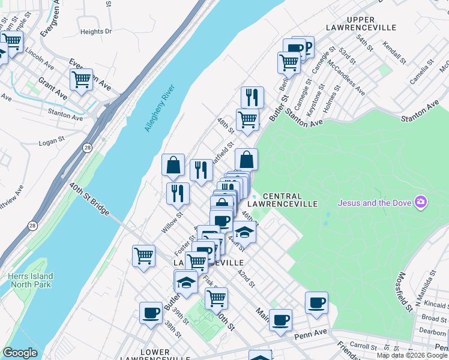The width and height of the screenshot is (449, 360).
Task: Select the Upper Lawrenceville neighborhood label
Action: click(x=361, y=23)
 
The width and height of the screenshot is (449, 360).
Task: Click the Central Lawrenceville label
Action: click(x=290, y=200)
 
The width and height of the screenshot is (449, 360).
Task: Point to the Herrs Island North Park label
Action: click(x=31, y=280)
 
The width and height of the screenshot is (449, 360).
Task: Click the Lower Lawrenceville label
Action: click(x=154, y=356)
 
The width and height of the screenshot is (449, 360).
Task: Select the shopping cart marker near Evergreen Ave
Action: click(x=81, y=79)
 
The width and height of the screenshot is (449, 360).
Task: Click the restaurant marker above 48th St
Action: click(x=252, y=97)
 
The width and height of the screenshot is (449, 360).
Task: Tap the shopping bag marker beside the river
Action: click(x=173, y=165)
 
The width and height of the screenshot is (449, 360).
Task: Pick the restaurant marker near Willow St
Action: click(x=178, y=193)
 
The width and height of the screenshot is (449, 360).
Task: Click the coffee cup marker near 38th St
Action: click(x=151, y=312)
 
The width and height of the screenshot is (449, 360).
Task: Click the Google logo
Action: click(x=20, y=353)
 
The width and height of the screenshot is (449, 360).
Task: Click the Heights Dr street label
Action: click(x=96, y=31)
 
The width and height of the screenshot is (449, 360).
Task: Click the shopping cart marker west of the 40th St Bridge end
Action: click(x=143, y=256)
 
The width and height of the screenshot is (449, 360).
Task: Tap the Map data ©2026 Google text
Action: click(x=412, y=355)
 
